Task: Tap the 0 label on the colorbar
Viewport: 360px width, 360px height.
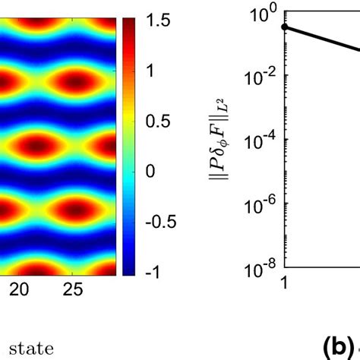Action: click(x=150, y=171)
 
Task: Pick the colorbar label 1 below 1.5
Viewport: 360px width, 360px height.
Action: click(x=150, y=70)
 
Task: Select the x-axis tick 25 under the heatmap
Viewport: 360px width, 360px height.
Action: click(x=72, y=289)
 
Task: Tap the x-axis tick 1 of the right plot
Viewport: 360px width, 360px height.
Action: click(x=284, y=282)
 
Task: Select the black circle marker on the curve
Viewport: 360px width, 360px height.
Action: click(x=285, y=27)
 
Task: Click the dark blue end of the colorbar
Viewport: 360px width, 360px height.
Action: click(x=128, y=266)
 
